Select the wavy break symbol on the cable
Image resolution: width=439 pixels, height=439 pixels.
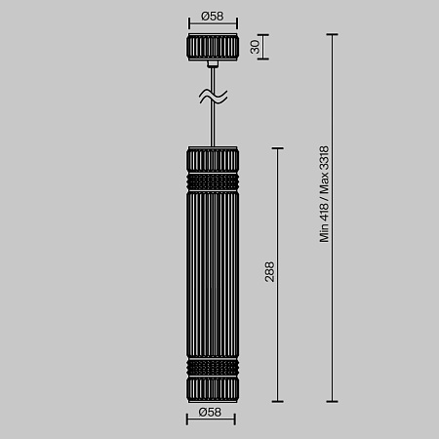point(213,96)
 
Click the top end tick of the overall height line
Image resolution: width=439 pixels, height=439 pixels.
point(334,35)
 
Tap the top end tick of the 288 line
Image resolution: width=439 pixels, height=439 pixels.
point(280,148)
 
